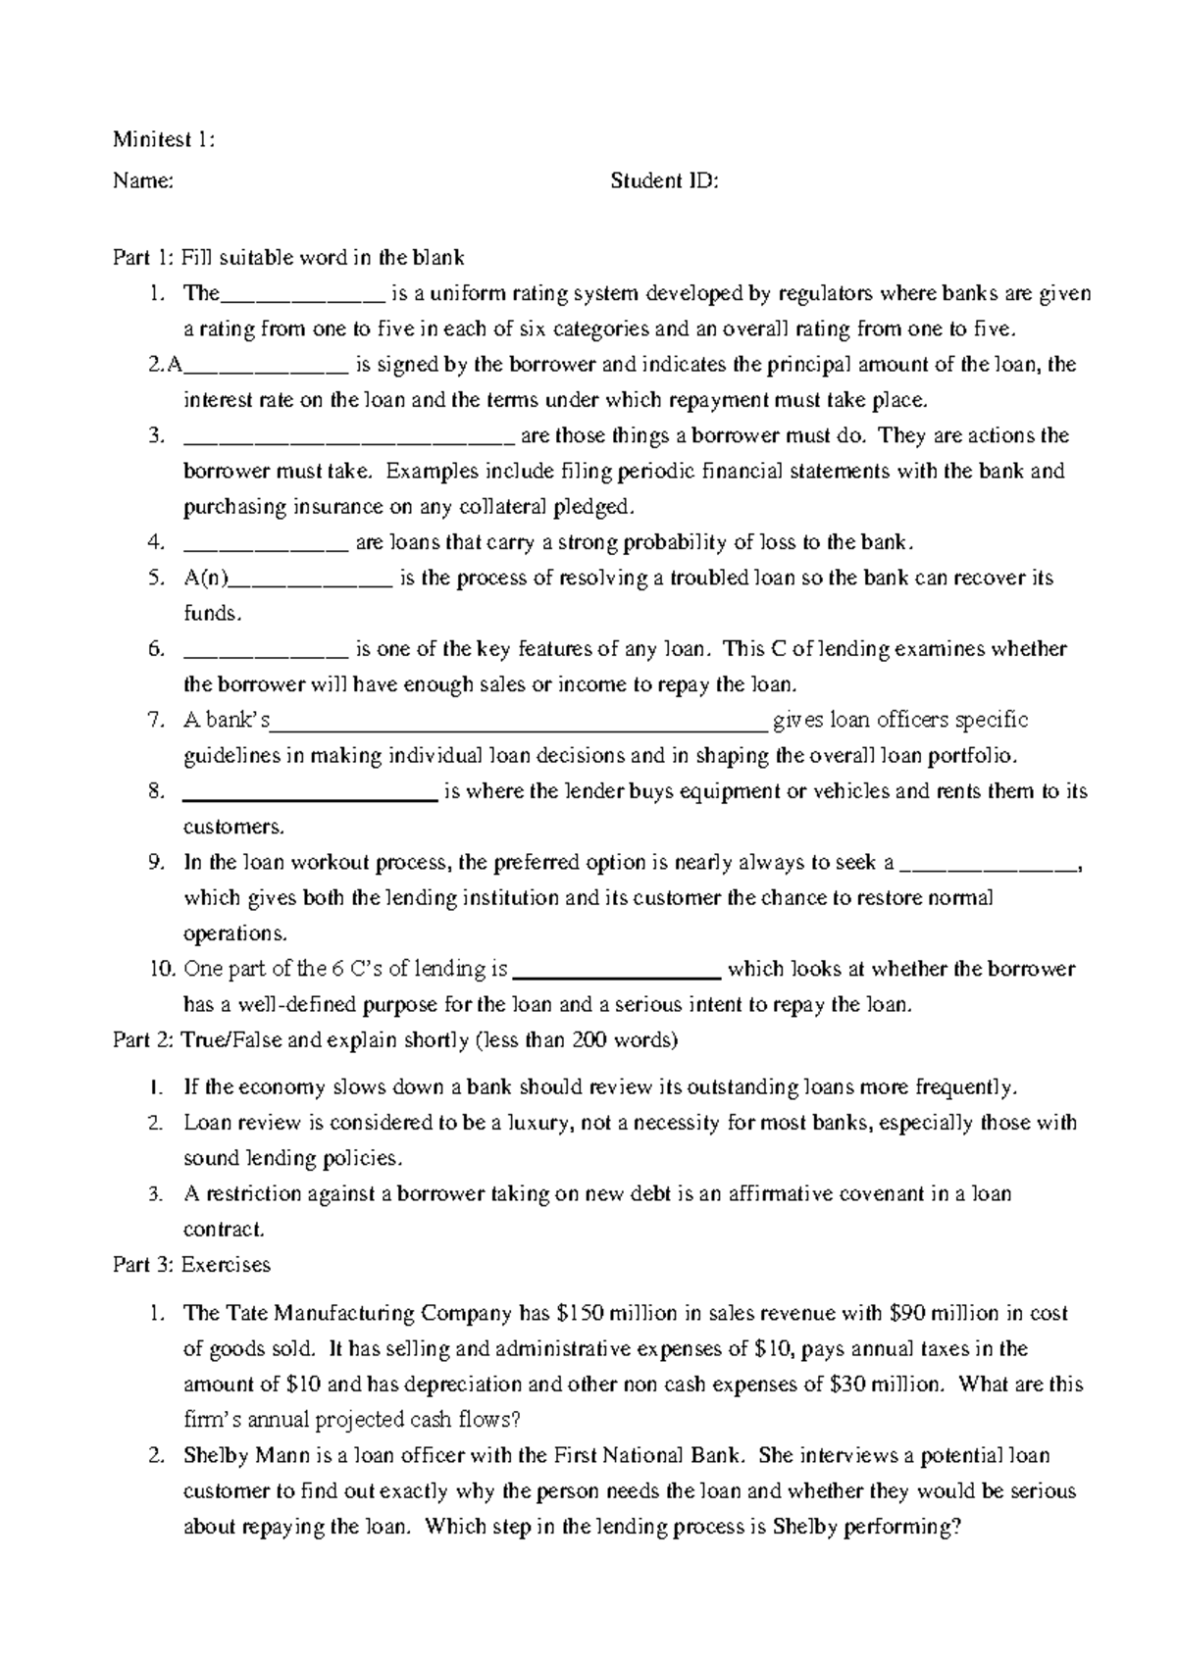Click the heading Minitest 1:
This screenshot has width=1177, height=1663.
[x=163, y=139]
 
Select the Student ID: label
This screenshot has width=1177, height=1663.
[x=664, y=180]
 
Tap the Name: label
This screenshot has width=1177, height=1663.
[x=143, y=180]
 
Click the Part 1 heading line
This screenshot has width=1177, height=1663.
[x=288, y=258]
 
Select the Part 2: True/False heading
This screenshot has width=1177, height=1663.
[x=395, y=1040]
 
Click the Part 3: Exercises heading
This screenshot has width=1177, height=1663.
[x=191, y=1265]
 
